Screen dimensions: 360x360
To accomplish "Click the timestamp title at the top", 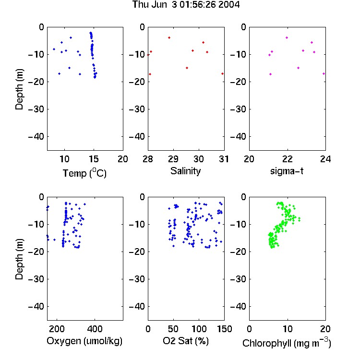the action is [186, 5].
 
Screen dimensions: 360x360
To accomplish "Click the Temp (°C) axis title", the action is [84, 173].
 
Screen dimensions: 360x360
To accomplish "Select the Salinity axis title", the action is [185, 171].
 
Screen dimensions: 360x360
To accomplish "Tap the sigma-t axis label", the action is [287, 171].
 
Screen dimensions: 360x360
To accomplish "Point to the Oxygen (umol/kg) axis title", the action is [84, 341].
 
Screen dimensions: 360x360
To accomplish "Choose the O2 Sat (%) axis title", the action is [186, 341].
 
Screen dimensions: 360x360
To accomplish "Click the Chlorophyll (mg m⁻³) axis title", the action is [287, 343].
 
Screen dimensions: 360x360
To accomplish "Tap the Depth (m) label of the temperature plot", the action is [19, 89].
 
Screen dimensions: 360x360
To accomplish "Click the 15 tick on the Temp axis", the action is [94, 159].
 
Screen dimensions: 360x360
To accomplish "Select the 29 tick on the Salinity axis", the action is [173, 159].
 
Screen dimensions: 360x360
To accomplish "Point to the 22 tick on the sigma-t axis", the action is [288, 159].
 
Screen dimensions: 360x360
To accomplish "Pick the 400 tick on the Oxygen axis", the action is [95, 329].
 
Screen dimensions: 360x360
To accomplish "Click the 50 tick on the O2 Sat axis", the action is [173, 329].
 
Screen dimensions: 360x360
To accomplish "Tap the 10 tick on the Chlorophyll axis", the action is [288, 329].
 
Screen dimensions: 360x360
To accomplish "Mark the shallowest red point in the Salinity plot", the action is [169, 37].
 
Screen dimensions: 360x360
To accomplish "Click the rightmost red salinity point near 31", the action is [222, 74].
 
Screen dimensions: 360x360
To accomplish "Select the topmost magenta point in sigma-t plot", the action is [287, 37].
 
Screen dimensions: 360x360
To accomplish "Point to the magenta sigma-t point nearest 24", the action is [324, 74].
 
